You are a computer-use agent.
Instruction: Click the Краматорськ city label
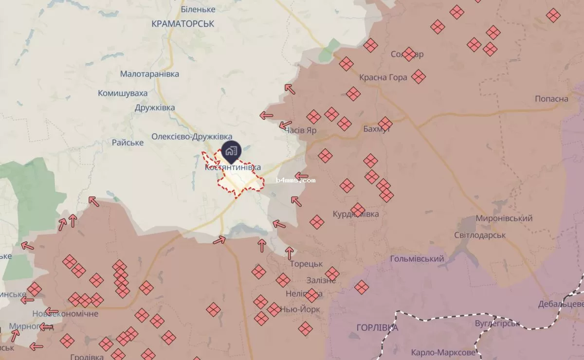tap(183, 23)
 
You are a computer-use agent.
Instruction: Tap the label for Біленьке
tap(198, 9)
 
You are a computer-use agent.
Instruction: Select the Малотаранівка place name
tap(149, 74)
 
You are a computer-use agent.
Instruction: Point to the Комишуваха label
tap(123, 93)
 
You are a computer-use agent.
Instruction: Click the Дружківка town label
tap(155, 108)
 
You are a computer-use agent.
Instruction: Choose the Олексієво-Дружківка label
tap(192, 137)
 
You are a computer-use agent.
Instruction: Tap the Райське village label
tap(128, 143)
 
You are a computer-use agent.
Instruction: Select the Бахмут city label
tap(377, 129)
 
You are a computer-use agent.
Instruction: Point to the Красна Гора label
tap(383, 78)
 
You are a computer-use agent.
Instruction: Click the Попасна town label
tap(551, 99)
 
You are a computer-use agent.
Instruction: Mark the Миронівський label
tap(504, 218)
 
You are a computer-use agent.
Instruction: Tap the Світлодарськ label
tap(480, 235)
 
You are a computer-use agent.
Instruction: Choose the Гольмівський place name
tap(417, 259)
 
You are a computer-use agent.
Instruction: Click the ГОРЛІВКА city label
tap(377, 327)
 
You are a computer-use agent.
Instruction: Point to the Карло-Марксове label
tap(443, 352)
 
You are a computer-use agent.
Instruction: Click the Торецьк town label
tap(306, 264)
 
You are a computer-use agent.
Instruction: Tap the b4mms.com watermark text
tap(295, 180)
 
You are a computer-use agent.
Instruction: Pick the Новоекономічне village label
tap(65, 314)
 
